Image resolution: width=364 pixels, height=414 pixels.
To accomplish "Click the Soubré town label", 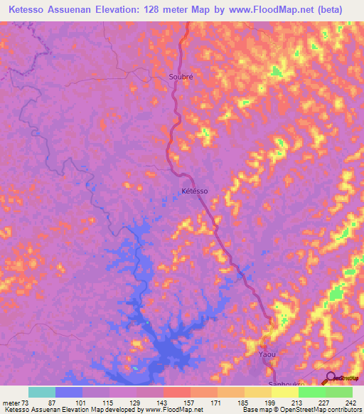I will click(x=181, y=76).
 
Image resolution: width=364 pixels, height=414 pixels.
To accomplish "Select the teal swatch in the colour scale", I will click(x=42, y=393).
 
